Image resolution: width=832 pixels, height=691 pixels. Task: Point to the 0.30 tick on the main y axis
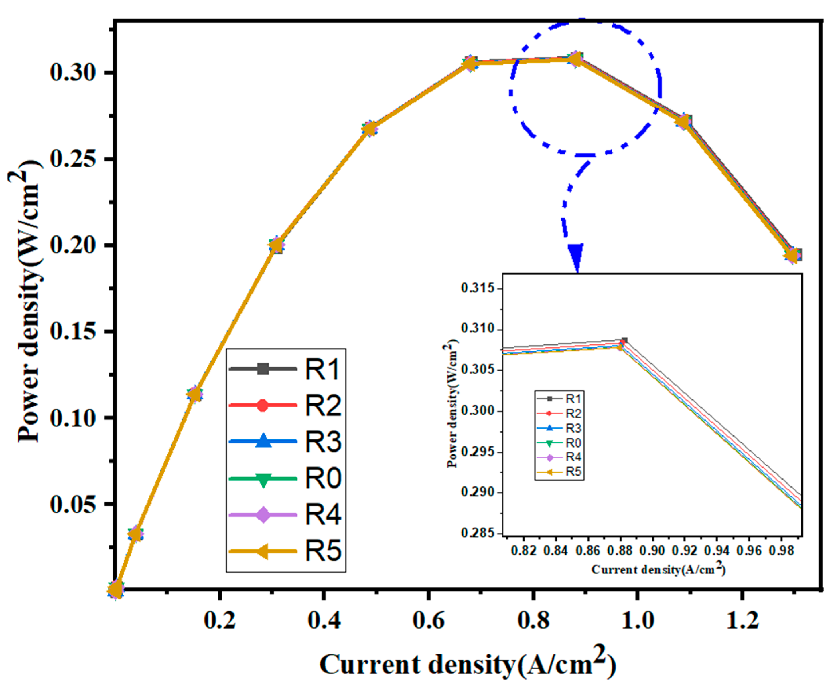[73, 73]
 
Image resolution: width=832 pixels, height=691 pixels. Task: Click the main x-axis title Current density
[468, 664]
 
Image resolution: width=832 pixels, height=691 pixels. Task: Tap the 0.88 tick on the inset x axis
[620, 551]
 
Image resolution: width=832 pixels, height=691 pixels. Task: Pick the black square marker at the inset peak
[624, 340]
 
